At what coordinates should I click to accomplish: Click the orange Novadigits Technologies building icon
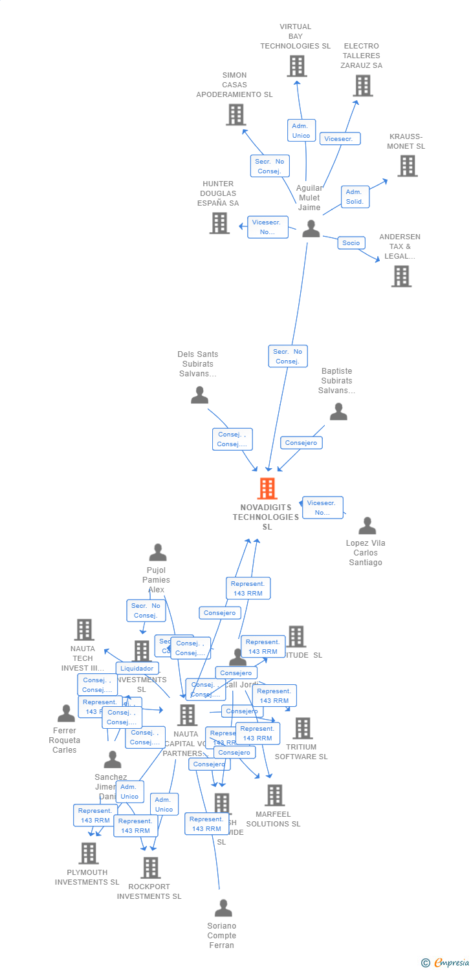click(x=267, y=488)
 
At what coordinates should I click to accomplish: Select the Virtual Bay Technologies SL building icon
click(x=296, y=66)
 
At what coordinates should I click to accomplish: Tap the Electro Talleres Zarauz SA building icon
click(x=362, y=85)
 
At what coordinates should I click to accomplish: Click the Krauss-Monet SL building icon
click(x=407, y=166)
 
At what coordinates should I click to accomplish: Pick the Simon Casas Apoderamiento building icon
click(x=235, y=114)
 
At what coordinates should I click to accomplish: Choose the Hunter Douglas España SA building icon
click(x=219, y=223)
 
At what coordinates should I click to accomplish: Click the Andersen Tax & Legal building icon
click(x=401, y=276)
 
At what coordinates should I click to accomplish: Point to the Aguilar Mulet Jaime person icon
click(x=311, y=228)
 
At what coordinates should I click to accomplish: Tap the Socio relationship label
click(x=351, y=243)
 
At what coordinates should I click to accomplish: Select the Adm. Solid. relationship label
click(x=355, y=197)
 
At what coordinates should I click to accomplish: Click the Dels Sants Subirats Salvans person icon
click(x=199, y=394)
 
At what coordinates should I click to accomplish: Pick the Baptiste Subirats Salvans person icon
click(x=338, y=411)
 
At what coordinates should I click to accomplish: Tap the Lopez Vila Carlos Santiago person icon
click(x=367, y=526)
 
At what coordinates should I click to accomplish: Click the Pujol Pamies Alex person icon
click(x=158, y=552)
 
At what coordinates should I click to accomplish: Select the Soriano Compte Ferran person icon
click(x=223, y=908)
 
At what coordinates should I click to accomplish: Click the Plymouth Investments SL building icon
click(x=89, y=853)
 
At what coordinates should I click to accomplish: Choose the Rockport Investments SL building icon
click(x=150, y=867)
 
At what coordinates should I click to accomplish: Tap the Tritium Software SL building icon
click(x=302, y=728)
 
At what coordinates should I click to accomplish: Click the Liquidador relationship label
click(x=137, y=669)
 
